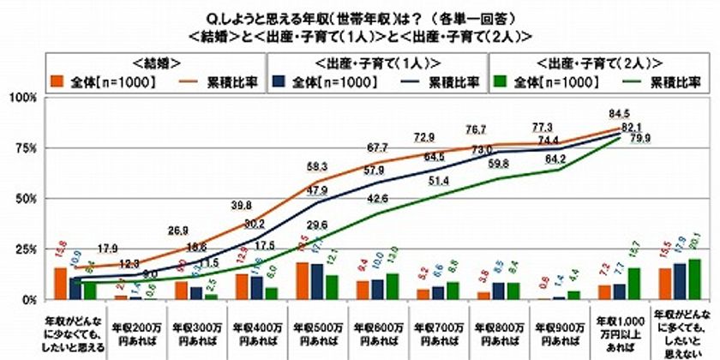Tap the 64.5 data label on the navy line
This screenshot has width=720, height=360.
435,157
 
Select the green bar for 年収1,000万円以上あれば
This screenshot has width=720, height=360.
633,284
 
